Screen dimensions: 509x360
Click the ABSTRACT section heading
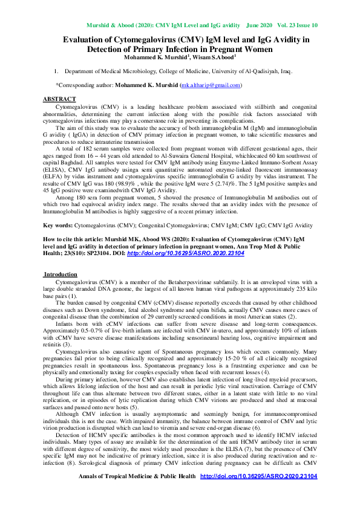click(59, 98)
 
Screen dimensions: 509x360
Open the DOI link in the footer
click(258, 476)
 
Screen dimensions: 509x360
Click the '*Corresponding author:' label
click(85, 86)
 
